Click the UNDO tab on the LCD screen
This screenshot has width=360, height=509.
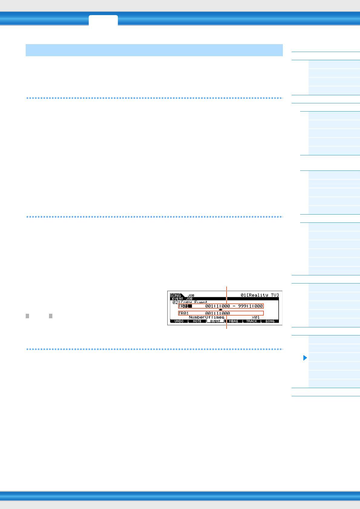click(179, 321)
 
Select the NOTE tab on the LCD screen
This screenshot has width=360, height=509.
click(197, 321)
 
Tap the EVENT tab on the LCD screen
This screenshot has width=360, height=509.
click(215, 321)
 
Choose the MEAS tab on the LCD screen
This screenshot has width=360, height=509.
click(233, 321)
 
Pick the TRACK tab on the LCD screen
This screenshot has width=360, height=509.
click(251, 321)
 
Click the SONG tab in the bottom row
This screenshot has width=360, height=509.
click(270, 321)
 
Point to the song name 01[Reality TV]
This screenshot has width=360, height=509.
click(260, 295)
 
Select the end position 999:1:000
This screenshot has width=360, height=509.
click(250, 306)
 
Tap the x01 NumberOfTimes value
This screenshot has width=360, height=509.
click(256, 317)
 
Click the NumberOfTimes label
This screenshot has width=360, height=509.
click(206, 317)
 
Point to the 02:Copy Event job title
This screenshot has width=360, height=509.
click(190, 302)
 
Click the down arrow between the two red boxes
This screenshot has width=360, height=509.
click(221, 310)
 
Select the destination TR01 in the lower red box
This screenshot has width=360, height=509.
click(184, 313)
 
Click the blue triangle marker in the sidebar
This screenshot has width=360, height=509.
click(305, 358)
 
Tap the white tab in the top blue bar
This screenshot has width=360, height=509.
click(103, 20)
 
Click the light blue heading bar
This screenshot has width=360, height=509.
click(154, 50)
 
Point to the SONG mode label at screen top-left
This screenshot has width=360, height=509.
click(175, 295)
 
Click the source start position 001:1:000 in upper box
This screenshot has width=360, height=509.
click(218, 306)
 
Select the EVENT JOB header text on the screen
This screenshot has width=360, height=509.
click(182, 299)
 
